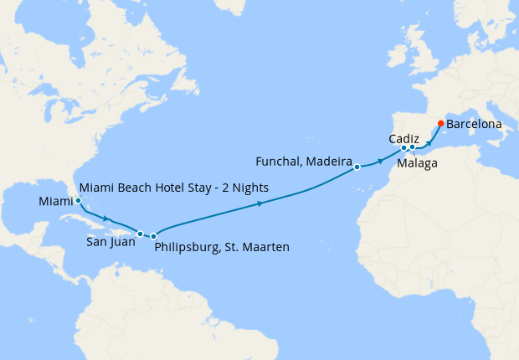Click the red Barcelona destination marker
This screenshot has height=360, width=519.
point(440,124)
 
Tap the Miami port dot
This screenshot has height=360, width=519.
point(78,201)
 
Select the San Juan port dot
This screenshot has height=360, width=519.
point(141,234)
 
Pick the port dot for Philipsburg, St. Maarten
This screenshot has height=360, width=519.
point(153,237)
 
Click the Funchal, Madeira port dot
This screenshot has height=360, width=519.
point(357,167)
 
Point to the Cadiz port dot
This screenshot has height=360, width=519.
point(403,148)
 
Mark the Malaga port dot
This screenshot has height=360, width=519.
point(412,148)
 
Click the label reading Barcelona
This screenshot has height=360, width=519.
point(474,124)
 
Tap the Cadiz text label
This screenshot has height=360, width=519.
point(404,138)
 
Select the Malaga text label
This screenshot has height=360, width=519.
point(418,163)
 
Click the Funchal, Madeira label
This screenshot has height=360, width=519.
point(303,159)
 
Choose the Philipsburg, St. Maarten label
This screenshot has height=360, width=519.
point(222,247)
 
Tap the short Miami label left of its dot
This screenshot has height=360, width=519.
point(55,202)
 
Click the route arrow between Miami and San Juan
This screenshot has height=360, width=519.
point(106,219)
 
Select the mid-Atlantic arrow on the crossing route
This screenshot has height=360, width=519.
point(261,203)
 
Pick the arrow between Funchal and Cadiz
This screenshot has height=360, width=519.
point(381,159)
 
